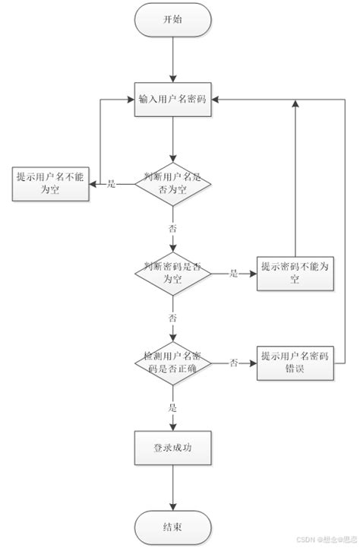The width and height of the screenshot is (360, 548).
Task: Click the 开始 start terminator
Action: pyautogui.click(x=173, y=21)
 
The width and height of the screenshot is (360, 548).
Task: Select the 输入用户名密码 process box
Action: pyautogui.click(x=173, y=99)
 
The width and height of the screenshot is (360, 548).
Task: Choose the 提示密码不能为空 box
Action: pyautogui.click(x=295, y=272)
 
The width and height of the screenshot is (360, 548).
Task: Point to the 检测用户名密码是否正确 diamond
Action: pyautogui.click(x=173, y=363)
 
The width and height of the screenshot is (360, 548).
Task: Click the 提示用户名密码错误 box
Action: pyautogui.click(x=295, y=363)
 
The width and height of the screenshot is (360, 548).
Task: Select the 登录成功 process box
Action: pyautogui.click(x=173, y=448)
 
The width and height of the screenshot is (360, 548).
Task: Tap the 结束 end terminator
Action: pyautogui.click(x=173, y=527)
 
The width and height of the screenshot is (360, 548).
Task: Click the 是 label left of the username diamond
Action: pyautogui.click(x=111, y=184)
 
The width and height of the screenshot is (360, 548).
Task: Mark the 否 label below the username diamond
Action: pyautogui.click(x=173, y=227)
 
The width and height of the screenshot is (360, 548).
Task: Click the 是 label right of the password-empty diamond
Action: pyautogui.click(x=233, y=273)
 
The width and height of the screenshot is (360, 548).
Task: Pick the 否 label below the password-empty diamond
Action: pyautogui.click(x=173, y=316)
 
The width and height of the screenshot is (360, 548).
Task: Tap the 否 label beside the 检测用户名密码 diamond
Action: pyautogui.click(x=233, y=363)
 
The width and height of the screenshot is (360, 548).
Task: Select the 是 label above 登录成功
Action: pyautogui.click(x=173, y=407)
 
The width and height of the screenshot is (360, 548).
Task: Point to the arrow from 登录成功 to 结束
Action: pyautogui.click(x=173, y=488)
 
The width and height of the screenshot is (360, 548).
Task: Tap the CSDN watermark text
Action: pyautogui.click(x=319, y=541)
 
